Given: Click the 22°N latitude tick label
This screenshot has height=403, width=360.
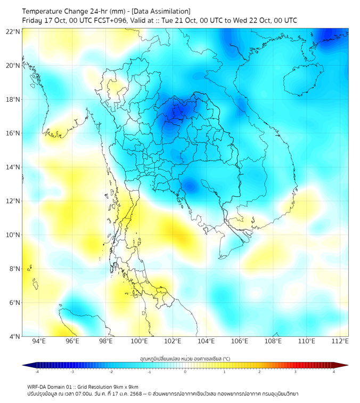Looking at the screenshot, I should (x=13, y=31).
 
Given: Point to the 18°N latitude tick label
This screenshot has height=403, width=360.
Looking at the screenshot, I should (x=13, y=100).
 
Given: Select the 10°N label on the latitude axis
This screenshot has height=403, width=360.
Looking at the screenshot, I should (x=13, y=235).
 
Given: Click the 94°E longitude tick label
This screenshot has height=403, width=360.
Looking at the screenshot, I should (x=39, y=341).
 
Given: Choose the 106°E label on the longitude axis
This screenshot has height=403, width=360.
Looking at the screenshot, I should (x=240, y=341).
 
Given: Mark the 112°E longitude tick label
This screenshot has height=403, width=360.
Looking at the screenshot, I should (x=340, y=341).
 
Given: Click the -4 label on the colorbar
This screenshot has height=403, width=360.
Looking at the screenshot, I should (x=37, y=372).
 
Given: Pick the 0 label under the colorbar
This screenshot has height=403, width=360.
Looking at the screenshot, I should (x=185, y=372).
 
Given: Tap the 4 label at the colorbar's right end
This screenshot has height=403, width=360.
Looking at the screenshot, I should (x=334, y=372).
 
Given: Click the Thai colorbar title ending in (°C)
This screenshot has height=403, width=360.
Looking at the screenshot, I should (x=185, y=359).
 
